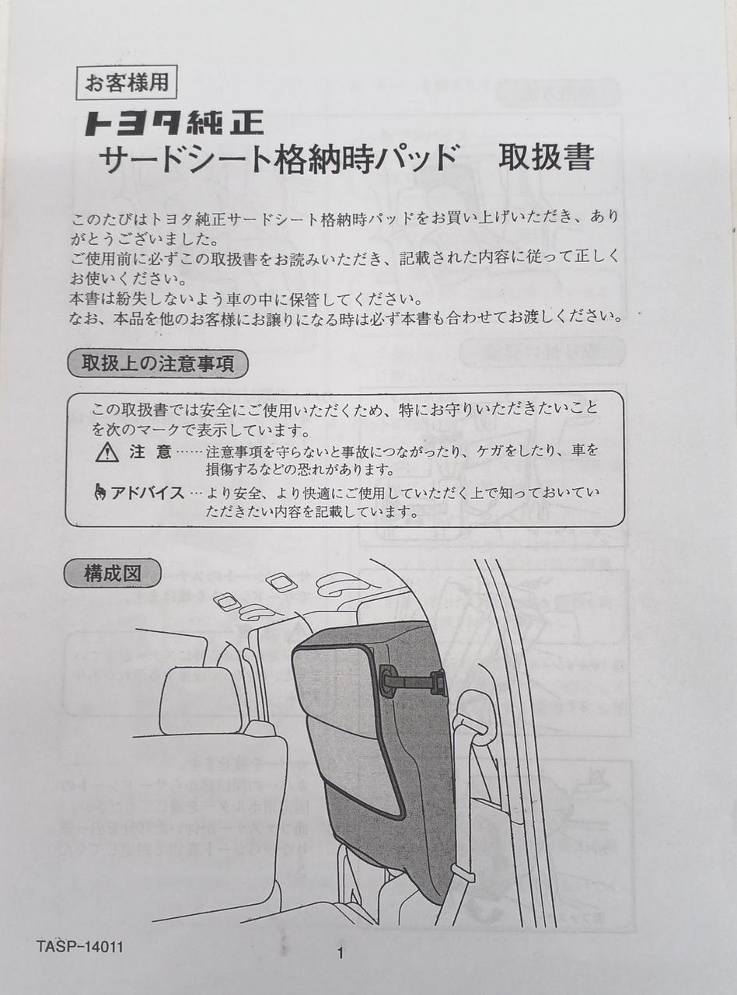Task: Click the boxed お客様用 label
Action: click(x=127, y=83)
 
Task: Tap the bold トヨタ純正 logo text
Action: click(x=175, y=124)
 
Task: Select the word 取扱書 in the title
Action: click(x=547, y=158)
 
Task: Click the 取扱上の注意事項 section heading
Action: click(x=158, y=364)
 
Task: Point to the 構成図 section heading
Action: click(x=113, y=574)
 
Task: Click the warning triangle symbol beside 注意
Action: click(x=107, y=454)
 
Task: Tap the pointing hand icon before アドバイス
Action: click(x=101, y=494)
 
